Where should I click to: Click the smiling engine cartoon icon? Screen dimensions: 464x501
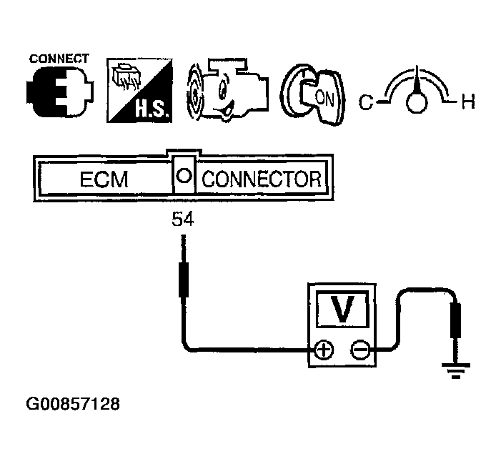[x=221, y=94]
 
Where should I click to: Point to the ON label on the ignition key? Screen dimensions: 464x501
[x=324, y=98]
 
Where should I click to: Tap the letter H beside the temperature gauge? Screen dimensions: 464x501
[x=467, y=104]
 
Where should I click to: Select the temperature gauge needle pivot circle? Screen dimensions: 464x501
[x=415, y=104]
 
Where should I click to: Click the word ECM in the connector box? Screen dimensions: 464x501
[x=104, y=179]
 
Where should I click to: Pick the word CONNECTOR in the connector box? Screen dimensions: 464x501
[x=261, y=179]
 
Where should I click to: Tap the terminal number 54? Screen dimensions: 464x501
[x=182, y=221]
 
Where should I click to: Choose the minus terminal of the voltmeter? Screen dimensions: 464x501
[x=360, y=350]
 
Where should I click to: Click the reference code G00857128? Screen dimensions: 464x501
[x=73, y=405]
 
